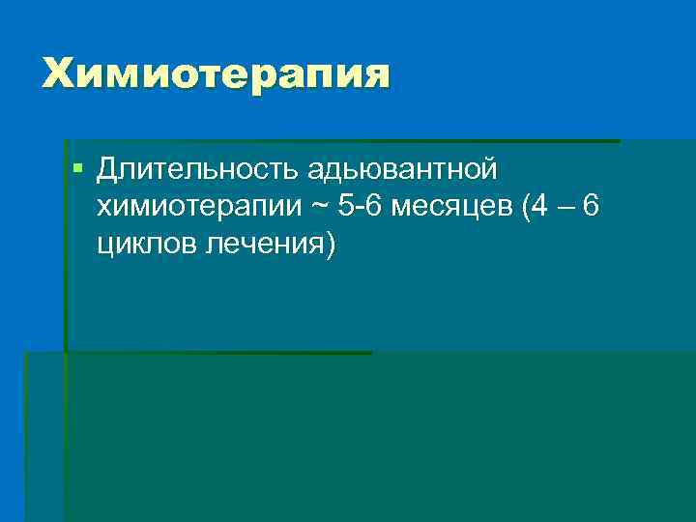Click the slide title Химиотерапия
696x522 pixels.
(216, 73)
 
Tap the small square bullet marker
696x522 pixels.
(78, 169)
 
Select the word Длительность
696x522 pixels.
(199, 169)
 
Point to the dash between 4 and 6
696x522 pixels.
(565, 207)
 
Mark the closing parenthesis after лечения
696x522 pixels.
(332, 245)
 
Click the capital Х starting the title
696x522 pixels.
(57, 73)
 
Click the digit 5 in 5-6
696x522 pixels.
(345, 207)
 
